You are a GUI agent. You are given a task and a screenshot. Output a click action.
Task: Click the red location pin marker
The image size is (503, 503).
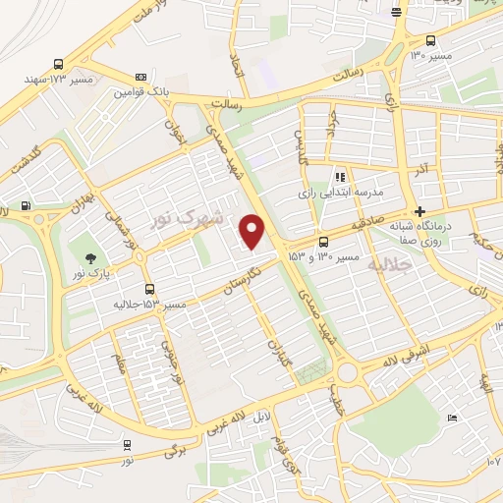pos(253,232)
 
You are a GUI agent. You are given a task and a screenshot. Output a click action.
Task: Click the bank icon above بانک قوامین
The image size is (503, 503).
pos(141,77)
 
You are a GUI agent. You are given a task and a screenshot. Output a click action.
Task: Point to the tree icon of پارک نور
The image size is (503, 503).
pos(90,259)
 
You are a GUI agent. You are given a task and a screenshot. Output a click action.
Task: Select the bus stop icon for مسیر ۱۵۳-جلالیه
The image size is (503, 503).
pos(149,289)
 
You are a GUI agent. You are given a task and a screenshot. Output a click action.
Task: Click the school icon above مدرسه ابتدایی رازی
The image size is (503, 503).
pos(340,177)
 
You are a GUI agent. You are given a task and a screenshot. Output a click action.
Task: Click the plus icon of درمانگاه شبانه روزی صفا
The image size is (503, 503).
pos(420,211)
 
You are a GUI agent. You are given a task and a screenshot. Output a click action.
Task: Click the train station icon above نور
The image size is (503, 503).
pos(128,444)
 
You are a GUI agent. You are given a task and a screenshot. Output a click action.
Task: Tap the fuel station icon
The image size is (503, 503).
pos(26,206)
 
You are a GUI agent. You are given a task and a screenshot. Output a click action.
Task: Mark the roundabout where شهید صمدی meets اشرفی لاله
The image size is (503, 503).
pos(346,371)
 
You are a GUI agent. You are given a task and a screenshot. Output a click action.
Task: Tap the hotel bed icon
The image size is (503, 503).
pos(451,419)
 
